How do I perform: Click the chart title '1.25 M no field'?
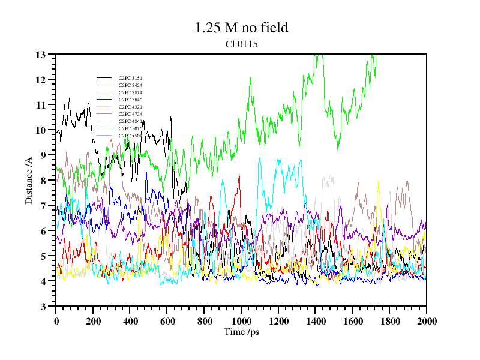(x=241, y=28)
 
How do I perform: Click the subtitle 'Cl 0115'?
(x=241, y=44)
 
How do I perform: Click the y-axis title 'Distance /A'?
(x=29, y=180)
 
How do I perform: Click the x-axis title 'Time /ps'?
(x=241, y=332)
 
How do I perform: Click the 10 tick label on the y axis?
(x=41, y=130)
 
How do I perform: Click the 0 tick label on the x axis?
(x=56, y=322)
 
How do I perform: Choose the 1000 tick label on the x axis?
(x=241, y=322)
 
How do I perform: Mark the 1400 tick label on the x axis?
(x=315, y=322)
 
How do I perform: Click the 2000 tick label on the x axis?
(x=426, y=322)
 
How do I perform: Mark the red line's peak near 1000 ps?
(x=239, y=175)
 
